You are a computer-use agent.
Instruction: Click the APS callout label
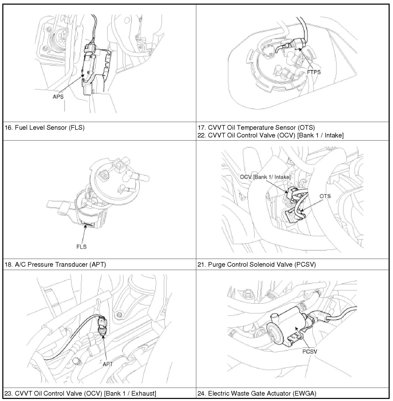(58, 97)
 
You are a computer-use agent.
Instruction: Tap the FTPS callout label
(314, 72)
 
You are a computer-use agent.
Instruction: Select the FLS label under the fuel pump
(81, 247)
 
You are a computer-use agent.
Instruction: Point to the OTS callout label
(325, 196)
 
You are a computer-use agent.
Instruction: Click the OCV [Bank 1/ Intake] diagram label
(265, 177)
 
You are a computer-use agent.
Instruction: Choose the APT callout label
(108, 364)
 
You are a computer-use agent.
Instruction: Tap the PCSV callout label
(310, 351)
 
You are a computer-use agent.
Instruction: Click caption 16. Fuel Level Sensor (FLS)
(45, 127)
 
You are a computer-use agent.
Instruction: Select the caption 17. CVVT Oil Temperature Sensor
(256, 127)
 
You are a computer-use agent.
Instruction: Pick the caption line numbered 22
(270, 135)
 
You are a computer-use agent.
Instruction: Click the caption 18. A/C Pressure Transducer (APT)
(55, 264)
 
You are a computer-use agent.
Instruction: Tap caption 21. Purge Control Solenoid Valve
(257, 264)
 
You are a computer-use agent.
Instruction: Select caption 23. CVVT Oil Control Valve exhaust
(80, 393)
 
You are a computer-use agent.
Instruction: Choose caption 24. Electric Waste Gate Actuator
(257, 393)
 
